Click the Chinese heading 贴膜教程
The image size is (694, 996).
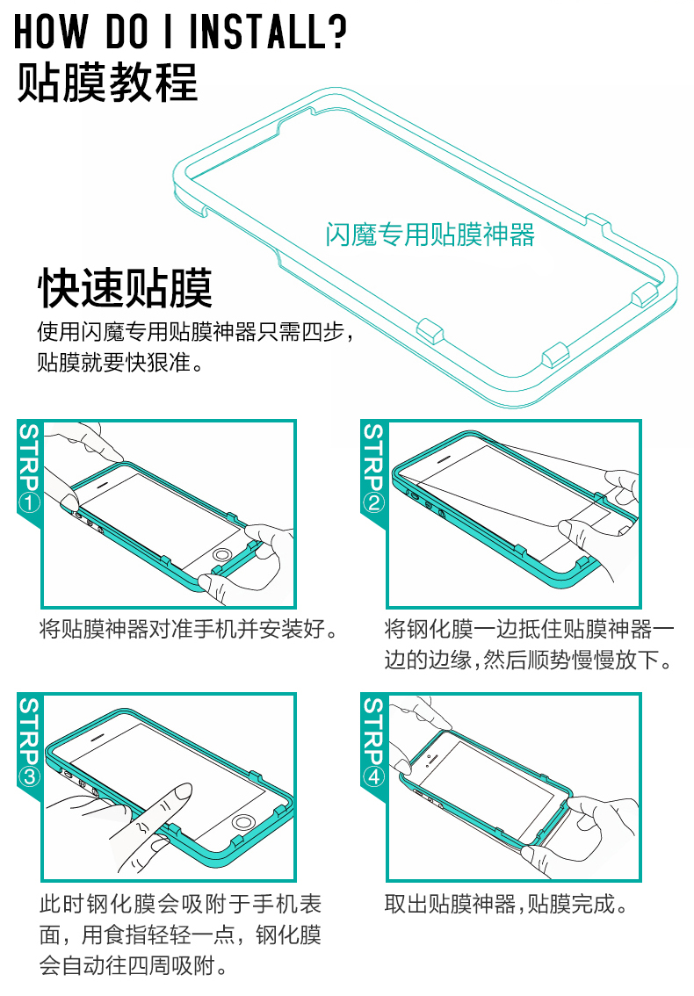[x=107, y=83]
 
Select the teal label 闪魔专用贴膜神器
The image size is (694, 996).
[x=430, y=235]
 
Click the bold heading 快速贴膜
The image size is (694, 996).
[x=125, y=288]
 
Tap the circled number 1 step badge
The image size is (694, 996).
[x=29, y=503]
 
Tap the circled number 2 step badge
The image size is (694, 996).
[x=373, y=503]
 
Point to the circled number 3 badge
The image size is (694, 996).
[x=29, y=776]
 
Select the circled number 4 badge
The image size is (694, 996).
[x=373, y=776]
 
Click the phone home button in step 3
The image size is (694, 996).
[x=242, y=823]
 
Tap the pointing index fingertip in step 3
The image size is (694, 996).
[x=183, y=790]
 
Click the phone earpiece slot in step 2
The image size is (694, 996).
[x=443, y=458]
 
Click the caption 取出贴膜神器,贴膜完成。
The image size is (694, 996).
[x=506, y=904]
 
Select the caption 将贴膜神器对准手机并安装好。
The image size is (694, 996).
[x=189, y=629]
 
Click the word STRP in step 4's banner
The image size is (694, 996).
[x=373, y=731]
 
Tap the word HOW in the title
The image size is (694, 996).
[x=51, y=31]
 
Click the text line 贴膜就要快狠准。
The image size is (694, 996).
[x=120, y=363]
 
